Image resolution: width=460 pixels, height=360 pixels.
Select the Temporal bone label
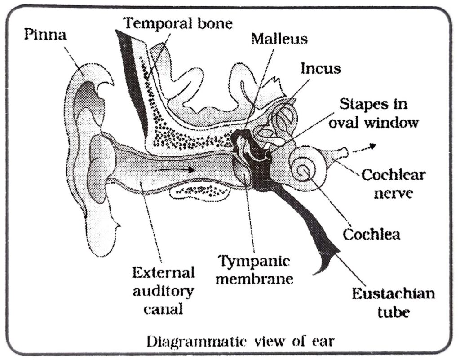[x=178, y=22]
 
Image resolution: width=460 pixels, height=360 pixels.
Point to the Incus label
[x=320, y=68]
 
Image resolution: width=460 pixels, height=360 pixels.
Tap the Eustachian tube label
[x=393, y=302]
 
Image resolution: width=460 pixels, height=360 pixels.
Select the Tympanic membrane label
[x=254, y=270]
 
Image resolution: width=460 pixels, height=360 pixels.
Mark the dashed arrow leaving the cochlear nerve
[x=363, y=149]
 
